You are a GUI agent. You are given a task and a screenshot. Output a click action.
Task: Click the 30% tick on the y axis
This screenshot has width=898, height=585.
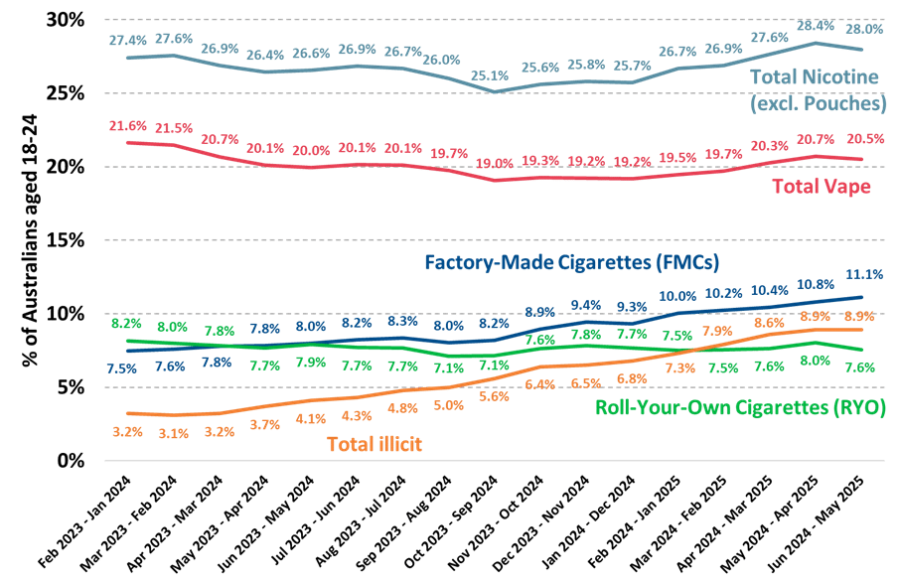pos(66,20)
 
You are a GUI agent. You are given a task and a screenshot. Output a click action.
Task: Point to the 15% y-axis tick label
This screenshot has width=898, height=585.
pos(66,240)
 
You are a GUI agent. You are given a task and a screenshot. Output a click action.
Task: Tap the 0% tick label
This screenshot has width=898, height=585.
pos(71,461)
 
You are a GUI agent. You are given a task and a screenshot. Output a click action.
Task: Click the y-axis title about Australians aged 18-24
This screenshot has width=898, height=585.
pos(29,240)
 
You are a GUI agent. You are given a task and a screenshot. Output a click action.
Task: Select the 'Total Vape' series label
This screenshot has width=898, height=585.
pos(822,187)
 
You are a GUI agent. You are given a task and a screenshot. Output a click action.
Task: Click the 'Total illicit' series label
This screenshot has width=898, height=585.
pos(374,444)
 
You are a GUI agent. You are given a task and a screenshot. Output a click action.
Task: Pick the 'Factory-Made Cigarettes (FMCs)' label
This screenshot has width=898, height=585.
pos(571,263)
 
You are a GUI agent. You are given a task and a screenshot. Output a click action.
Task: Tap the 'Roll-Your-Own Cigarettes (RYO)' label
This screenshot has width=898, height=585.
pos(740,407)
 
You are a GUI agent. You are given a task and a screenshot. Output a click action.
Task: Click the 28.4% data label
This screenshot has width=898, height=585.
pos(816,26)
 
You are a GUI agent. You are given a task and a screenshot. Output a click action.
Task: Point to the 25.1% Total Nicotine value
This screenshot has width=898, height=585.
pos(490,75)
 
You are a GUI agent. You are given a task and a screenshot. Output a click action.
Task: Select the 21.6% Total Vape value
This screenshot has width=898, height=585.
pos(128,126)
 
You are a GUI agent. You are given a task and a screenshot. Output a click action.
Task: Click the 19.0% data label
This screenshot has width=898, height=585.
pos(495,164)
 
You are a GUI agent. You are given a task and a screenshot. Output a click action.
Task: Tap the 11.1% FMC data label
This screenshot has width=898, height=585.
pos(864,275)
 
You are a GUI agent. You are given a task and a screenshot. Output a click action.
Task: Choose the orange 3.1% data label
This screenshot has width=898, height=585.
pos(174,434)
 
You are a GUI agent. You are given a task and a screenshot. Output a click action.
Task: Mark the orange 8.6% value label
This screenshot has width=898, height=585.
pos(769,324)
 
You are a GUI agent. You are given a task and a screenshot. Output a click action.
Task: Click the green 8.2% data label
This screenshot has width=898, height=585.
pos(126,324)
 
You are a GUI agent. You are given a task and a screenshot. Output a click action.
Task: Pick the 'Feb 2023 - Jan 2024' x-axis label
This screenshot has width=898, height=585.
pos(84,522)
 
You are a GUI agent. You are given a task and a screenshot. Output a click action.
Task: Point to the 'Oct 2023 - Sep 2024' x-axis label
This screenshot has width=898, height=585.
pos(450,522)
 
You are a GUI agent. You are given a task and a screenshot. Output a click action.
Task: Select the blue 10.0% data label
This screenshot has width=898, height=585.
pos(677,297)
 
